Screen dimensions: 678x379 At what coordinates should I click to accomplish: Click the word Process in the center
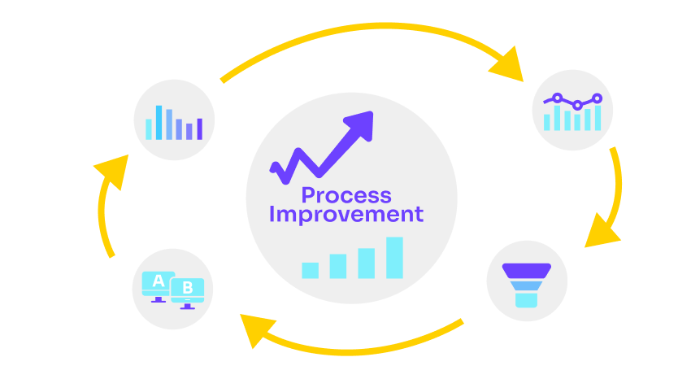(346, 196)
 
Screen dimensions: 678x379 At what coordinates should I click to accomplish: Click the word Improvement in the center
(346, 215)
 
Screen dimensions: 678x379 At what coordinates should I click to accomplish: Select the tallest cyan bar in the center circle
(394, 258)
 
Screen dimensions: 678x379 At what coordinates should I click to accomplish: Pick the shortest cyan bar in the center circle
(310, 270)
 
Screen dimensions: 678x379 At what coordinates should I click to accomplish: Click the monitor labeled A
(159, 286)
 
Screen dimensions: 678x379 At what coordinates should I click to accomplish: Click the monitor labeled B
(187, 294)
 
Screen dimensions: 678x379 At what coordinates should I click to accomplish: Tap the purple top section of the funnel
(527, 271)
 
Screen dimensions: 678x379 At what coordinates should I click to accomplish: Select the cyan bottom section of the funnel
(526, 300)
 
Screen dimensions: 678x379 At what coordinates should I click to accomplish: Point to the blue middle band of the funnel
(526, 285)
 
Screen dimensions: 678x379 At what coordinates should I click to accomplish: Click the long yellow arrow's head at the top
(507, 65)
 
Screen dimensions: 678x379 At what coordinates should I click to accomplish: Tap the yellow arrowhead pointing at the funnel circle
(601, 231)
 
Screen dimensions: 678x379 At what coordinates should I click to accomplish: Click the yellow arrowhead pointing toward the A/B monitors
(257, 329)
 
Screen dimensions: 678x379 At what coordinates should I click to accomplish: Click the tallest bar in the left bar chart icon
(159, 123)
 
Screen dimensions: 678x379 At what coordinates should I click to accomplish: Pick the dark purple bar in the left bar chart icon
(200, 129)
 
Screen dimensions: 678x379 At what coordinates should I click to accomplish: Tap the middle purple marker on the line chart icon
(577, 105)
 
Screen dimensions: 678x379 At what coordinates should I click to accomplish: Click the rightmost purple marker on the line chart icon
(598, 98)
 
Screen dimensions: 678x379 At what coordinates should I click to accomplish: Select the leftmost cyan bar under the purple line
(546, 122)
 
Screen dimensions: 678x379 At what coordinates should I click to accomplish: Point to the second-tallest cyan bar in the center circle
(367, 263)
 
